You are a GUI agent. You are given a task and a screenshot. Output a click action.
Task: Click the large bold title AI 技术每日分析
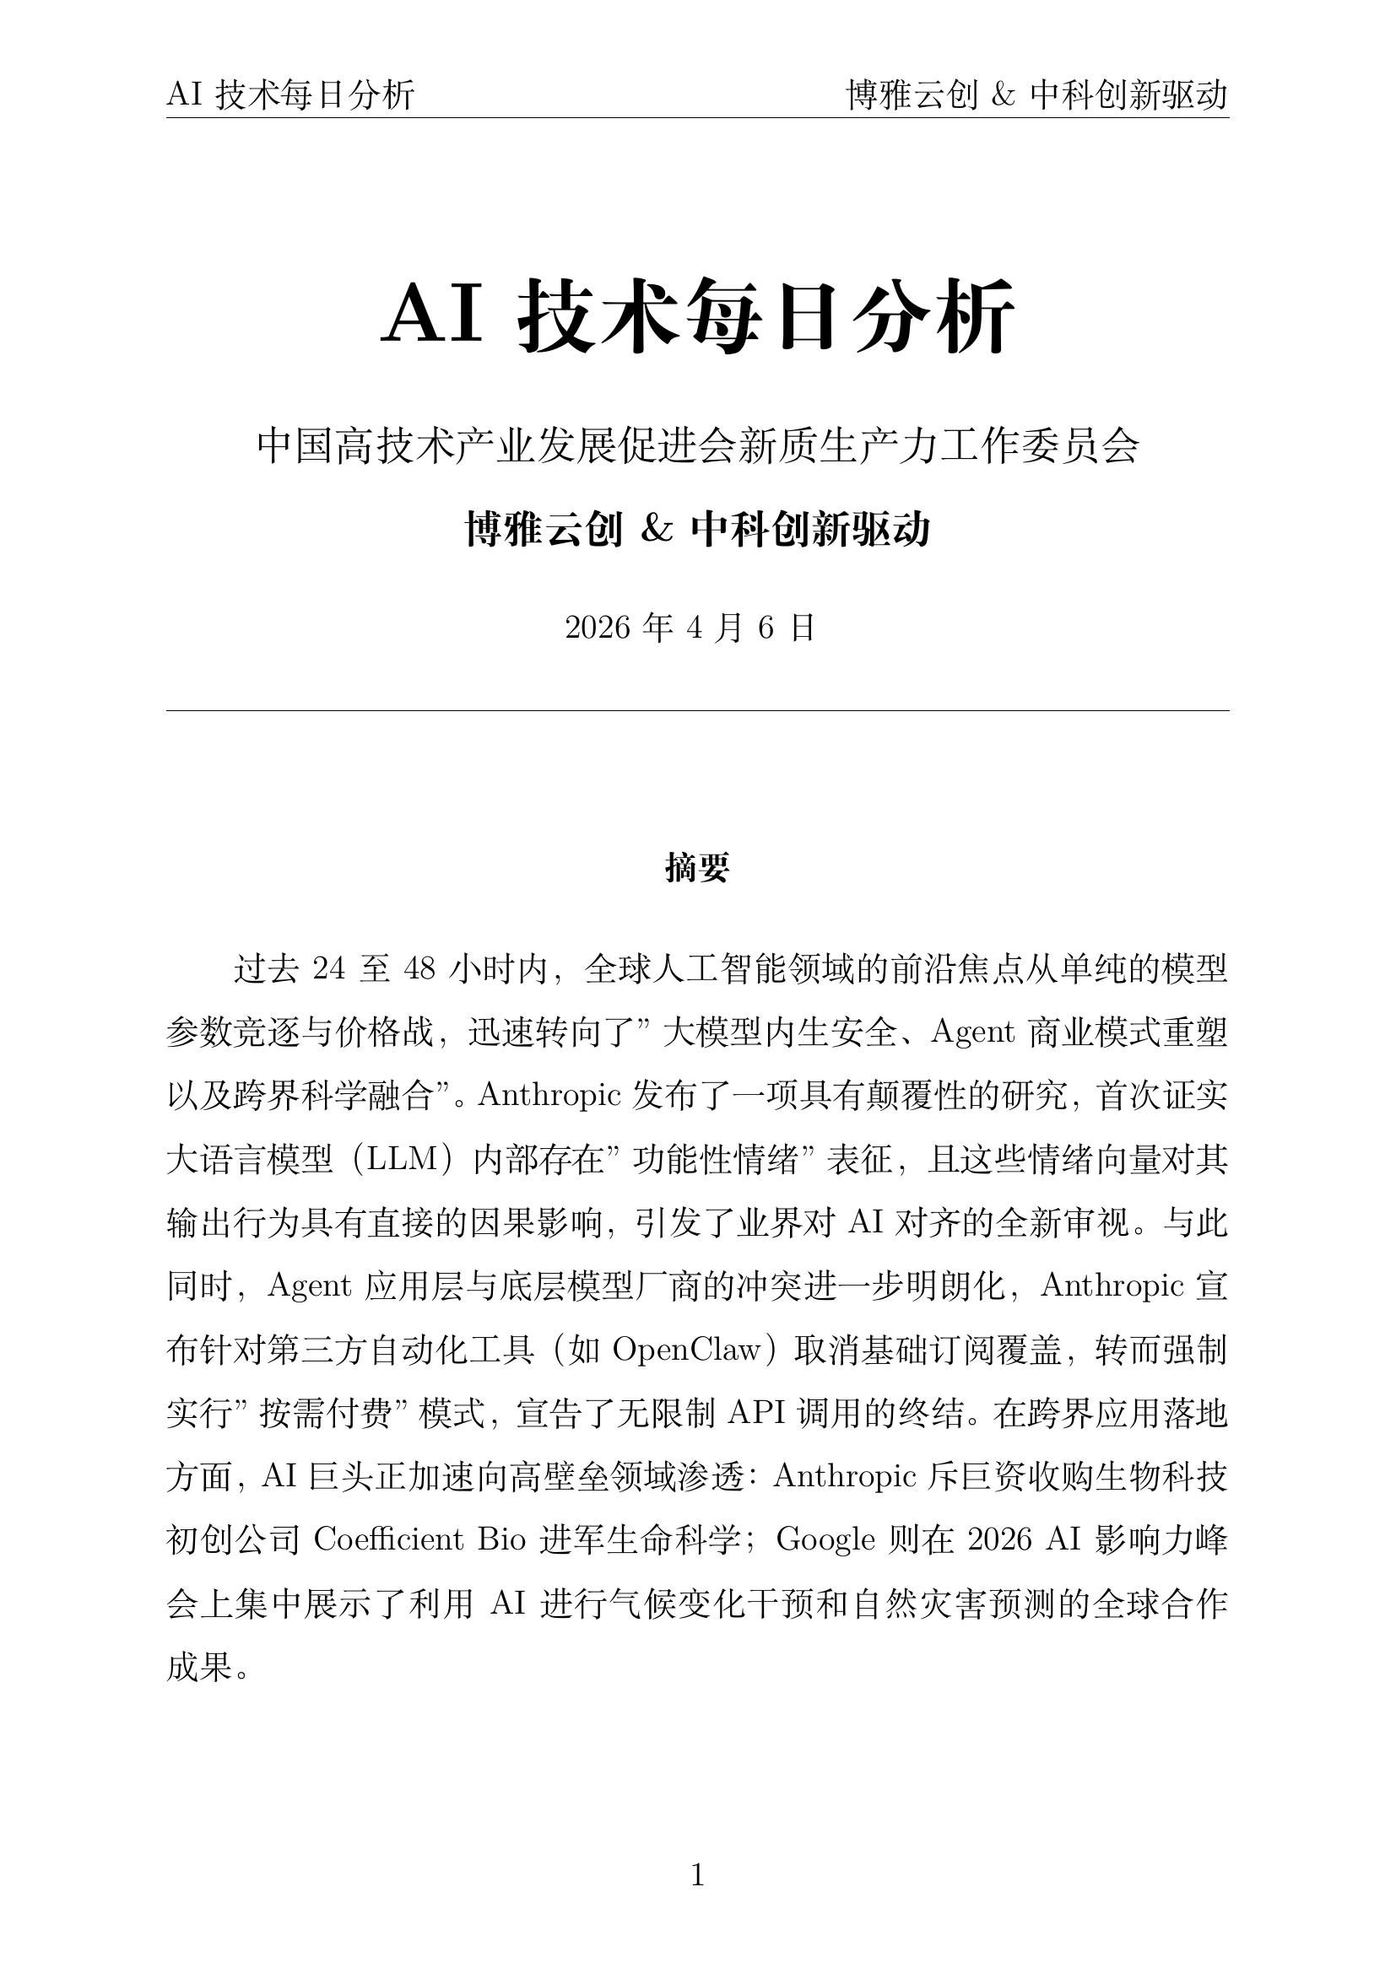click(697, 315)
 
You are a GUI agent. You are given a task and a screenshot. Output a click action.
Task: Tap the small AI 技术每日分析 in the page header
click(290, 94)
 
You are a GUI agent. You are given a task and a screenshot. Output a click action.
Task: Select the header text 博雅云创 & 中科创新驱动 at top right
click(1037, 94)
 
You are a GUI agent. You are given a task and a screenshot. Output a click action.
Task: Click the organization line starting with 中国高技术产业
click(697, 446)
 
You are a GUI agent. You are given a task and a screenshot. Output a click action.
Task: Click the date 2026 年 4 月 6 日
click(690, 628)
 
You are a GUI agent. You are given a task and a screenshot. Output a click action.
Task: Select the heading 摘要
click(697, 868)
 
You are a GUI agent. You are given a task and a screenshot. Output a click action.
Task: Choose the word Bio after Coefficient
click(501, 1539)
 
